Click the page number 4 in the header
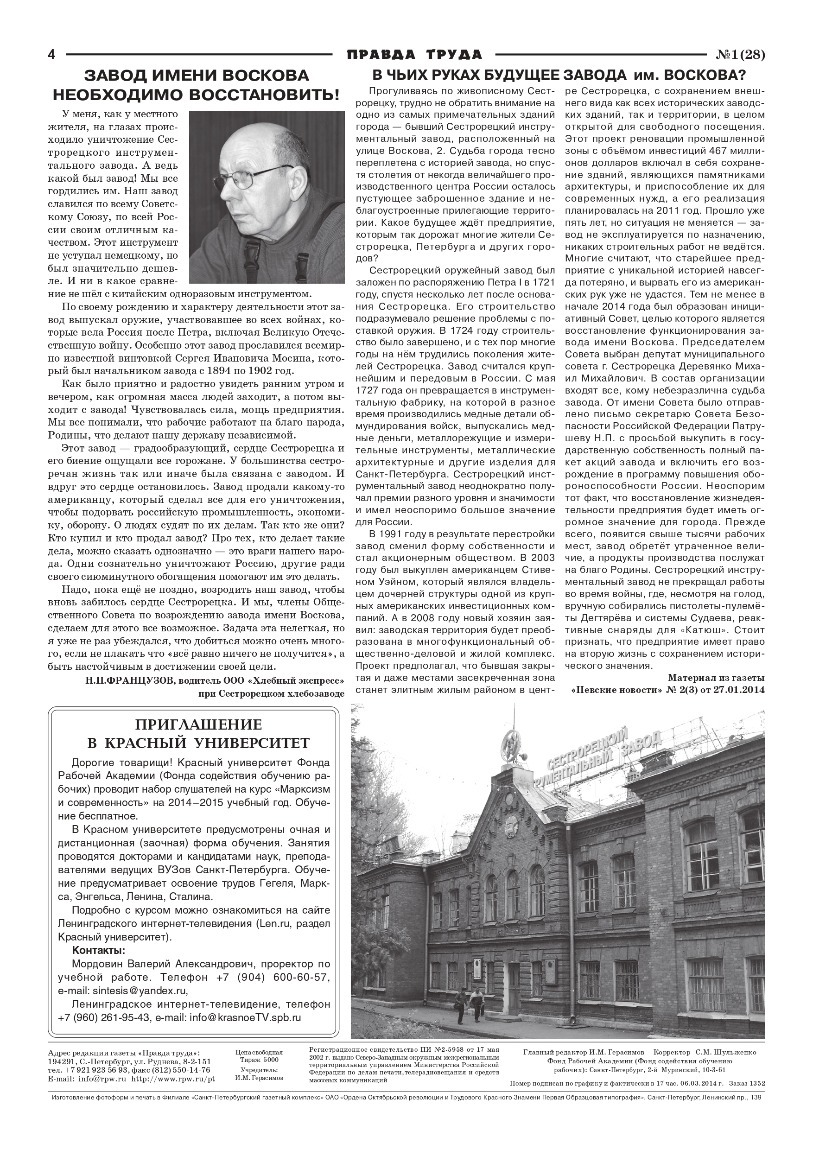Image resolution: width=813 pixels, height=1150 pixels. click(51, 55)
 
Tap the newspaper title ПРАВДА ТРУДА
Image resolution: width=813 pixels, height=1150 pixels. click(414, 55)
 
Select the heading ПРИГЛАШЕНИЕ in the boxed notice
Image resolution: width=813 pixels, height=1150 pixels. click(198, 724)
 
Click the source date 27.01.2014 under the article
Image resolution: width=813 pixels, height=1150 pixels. click(736, 690)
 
